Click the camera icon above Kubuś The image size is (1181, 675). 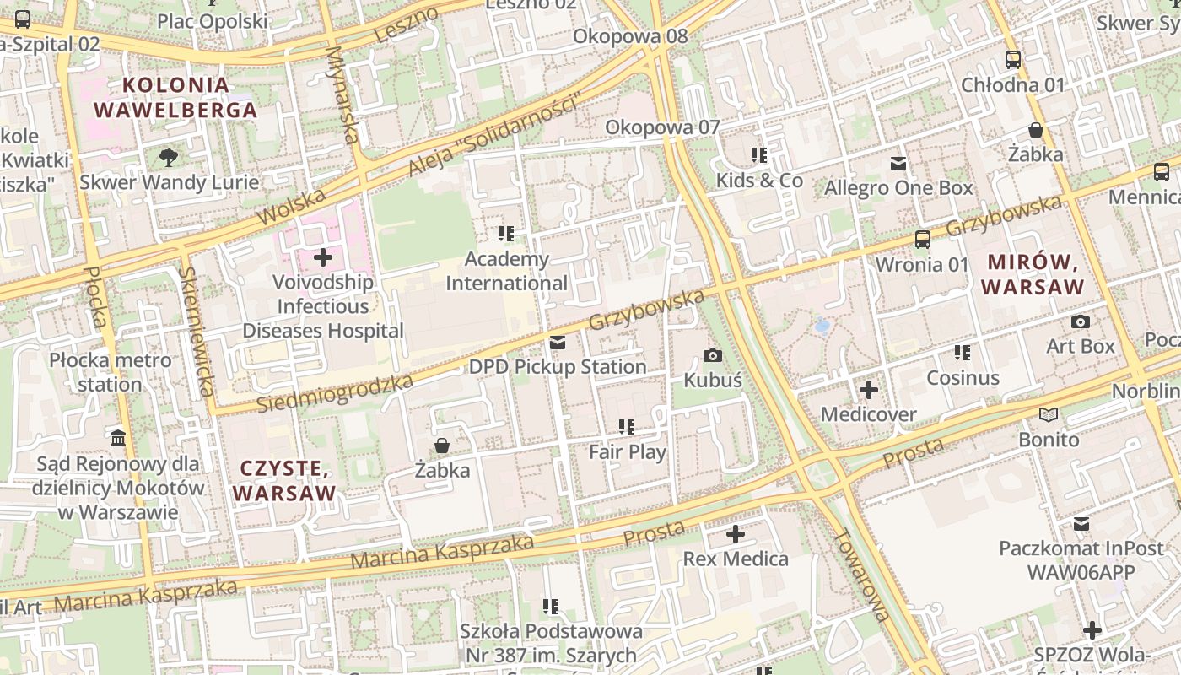(713, 355)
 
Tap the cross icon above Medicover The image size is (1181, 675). (869, 390)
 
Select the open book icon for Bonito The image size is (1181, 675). (1049, 415)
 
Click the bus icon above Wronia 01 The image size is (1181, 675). (923, 240)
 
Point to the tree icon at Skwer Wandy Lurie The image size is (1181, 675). (169, 157)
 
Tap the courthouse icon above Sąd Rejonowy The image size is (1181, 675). (118, 439)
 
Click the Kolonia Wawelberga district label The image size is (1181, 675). (175, 97)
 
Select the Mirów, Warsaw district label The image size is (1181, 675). (1033, 274)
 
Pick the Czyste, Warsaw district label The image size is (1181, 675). (284, 480)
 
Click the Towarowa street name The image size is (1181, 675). (860, 575)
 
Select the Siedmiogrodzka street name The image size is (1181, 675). (335, 393)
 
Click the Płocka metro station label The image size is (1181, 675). (110, 372)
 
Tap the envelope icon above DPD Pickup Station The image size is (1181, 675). (558, 343)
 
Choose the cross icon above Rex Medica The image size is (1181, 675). (736, 534)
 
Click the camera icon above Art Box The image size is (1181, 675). (1080, 321)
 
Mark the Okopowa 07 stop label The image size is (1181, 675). (663, 127)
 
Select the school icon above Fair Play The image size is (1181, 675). (626, 427)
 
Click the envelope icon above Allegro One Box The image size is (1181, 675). (898, 164)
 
